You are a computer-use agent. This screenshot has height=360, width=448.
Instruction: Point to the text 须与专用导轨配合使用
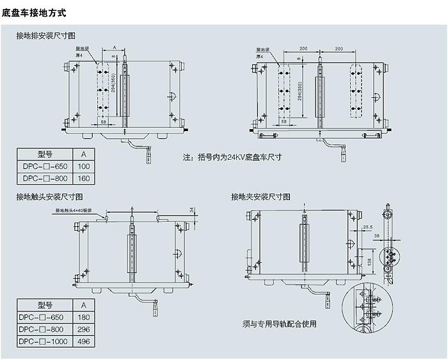click(280, 323)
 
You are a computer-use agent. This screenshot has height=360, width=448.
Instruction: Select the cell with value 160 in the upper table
click(83, 179)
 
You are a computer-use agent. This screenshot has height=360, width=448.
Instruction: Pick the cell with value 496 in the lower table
click(83, 341)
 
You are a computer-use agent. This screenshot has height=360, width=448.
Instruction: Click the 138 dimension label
click(369, 261)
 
